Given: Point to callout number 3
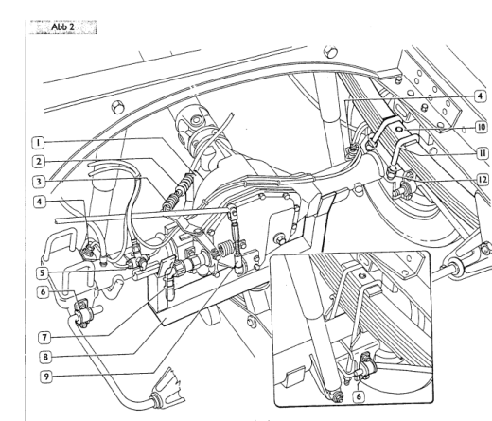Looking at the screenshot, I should click(37, 180).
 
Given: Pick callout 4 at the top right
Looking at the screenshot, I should click(481, 96).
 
